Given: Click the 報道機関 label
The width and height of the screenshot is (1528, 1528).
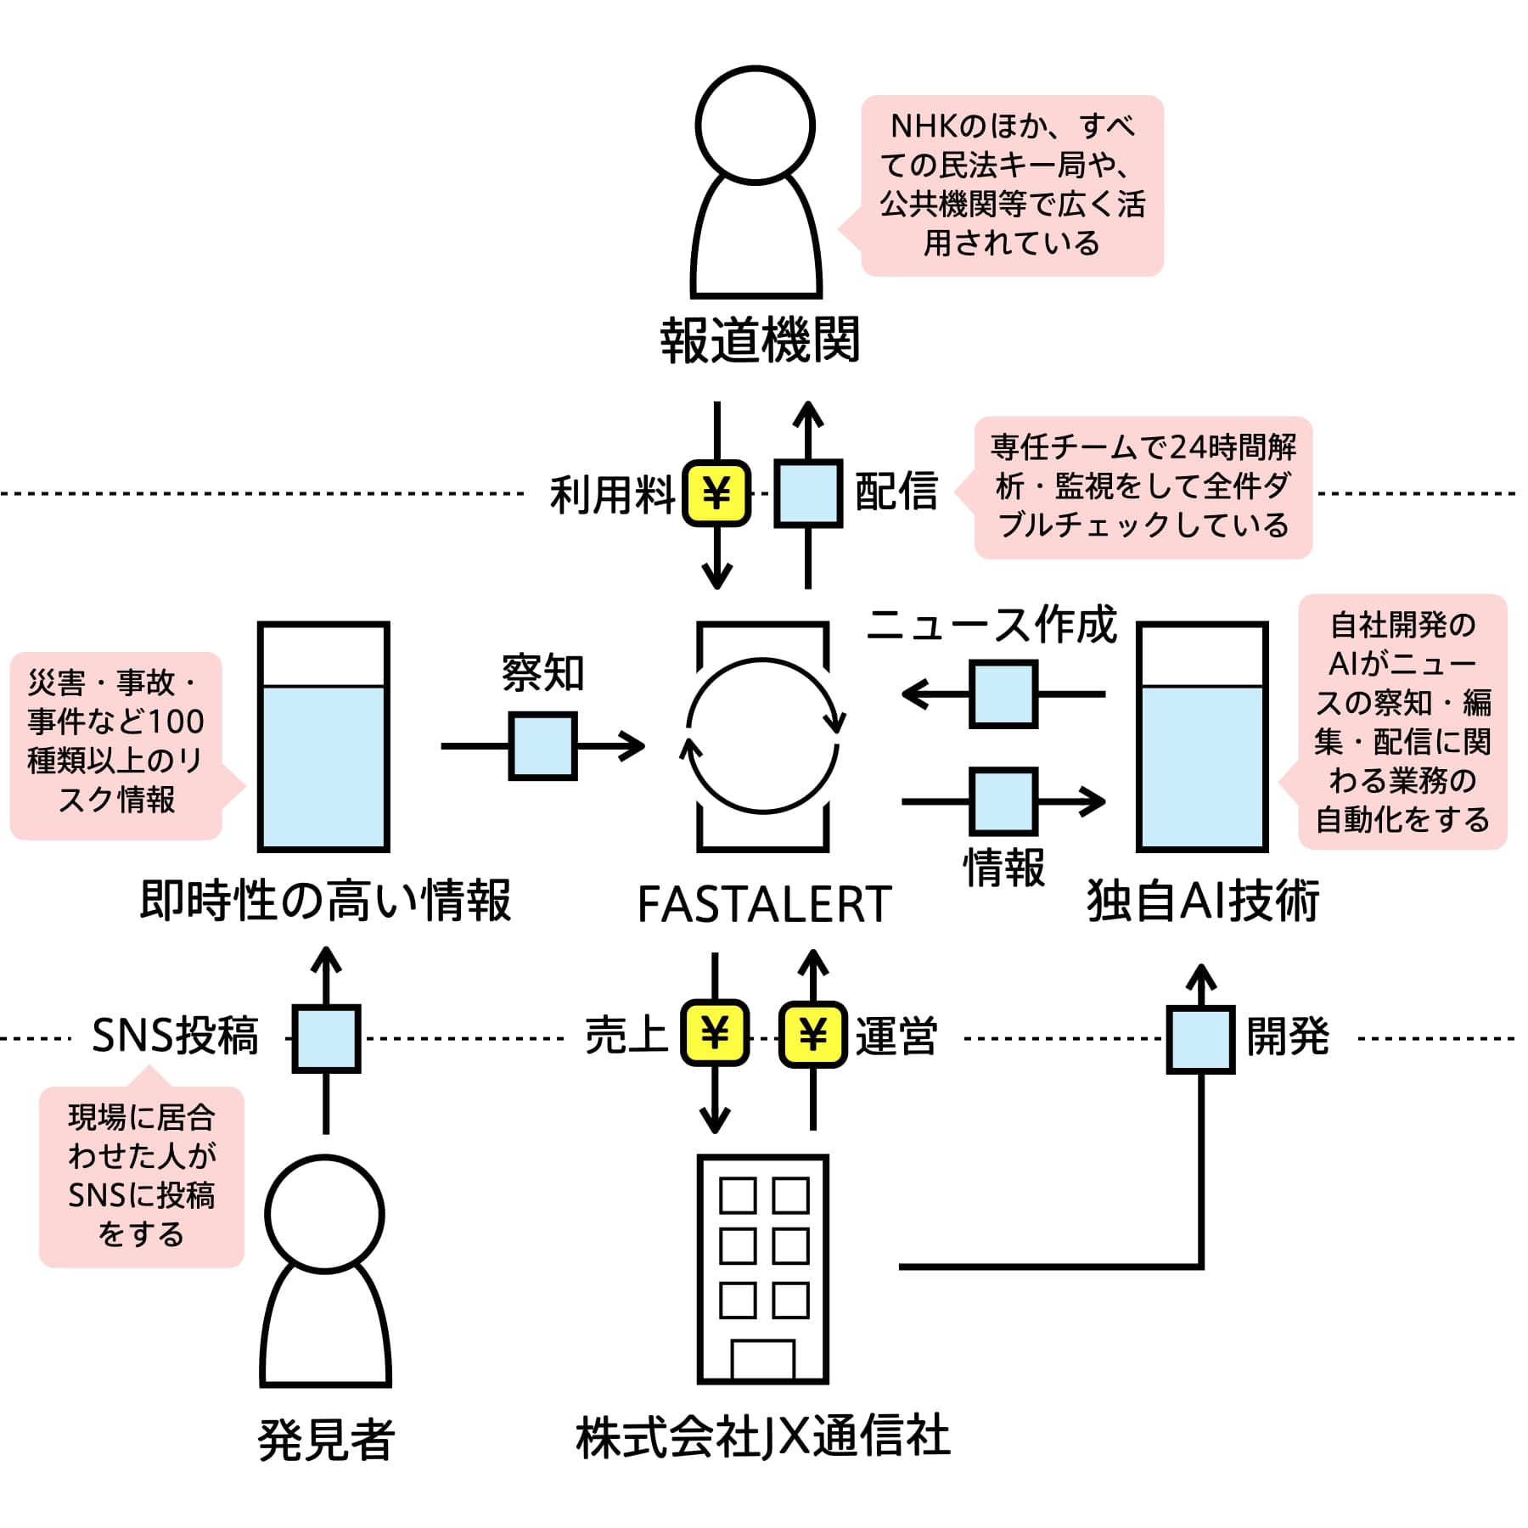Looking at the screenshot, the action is (760, 340).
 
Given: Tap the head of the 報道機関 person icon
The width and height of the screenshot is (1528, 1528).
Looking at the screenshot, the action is (755, 125).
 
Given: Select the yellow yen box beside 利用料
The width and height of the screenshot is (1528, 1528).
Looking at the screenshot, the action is (717, 493).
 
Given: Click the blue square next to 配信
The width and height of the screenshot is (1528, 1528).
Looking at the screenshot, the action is (808, 493).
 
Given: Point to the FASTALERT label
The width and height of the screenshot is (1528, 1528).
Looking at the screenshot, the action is (764, 903).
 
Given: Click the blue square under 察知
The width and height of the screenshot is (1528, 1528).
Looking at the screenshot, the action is (543, 746).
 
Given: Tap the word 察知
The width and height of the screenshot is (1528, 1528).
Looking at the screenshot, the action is (543, 673).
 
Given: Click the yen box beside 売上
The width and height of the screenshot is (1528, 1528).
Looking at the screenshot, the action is (715, 1033).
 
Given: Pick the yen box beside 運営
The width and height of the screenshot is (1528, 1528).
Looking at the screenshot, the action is (813, 1034).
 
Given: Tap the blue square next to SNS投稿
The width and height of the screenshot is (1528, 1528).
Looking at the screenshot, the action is (327, 1039).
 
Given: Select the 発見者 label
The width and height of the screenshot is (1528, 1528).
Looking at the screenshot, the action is (326, 1440).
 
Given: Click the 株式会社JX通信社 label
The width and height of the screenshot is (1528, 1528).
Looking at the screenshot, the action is (763, 1437).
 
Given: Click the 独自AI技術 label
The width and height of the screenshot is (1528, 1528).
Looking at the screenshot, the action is (1203, 901).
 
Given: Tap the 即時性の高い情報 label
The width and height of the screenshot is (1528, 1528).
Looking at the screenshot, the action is (325, 901).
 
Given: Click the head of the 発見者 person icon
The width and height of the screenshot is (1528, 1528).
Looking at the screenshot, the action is (324, 1215).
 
